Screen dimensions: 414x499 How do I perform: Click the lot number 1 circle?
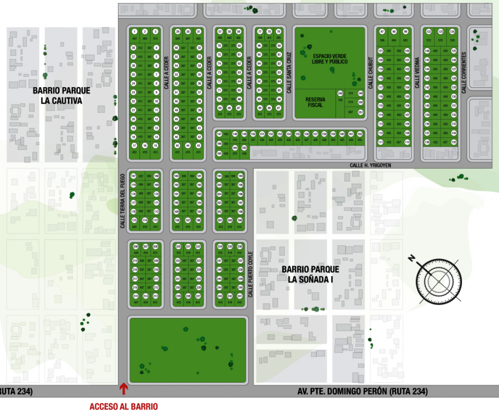(134, 32)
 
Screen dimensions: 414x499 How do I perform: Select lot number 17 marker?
(134, 145)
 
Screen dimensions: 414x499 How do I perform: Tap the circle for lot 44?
(188, 145)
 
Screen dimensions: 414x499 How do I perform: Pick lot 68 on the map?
(229, 108)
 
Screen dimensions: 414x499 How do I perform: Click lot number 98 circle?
(394, 32)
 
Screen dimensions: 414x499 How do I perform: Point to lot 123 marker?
(441, 32)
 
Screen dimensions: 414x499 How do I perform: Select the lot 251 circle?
(360, 112)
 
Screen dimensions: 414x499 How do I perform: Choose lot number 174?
(145, 220)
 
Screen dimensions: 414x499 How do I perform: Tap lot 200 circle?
(230, 220)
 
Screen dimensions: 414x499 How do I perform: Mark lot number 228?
(188, 296)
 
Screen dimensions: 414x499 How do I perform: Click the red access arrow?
(123, 388)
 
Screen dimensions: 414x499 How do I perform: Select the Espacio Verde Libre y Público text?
(330, 59)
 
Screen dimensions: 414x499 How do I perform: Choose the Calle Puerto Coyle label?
(251, 275)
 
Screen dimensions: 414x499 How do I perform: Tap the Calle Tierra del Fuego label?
(123, 200)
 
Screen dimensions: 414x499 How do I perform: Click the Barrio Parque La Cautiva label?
(62, 96)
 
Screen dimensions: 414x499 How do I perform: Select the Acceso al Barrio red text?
(123, 407)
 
